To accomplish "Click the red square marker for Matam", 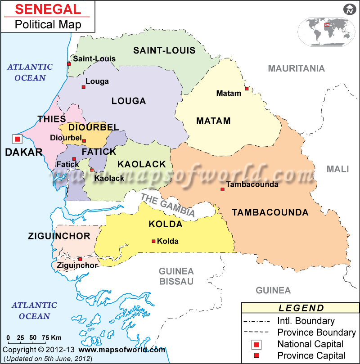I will (x=246, y=88).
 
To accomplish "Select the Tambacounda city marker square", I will (x=222, y=189).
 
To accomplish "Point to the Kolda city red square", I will (x=153, y=242).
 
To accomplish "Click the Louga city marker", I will (x=83, y=87).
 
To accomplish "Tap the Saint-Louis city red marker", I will (x=69, y=64).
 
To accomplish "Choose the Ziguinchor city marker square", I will (x=80, y=259).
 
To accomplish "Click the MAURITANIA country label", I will (x=296, y=68).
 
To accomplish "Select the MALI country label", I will (x=337, y=169).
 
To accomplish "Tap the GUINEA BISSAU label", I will (x=176, y=276).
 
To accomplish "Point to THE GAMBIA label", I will (x=167, y=205).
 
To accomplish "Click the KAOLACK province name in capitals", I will (x=142, y=165).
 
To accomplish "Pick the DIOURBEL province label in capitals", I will (x=93, y=127).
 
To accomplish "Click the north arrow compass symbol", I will (x=349, y=9).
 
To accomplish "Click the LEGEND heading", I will (x=301, y=308).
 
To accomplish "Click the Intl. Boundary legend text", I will (x=306, y=321).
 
